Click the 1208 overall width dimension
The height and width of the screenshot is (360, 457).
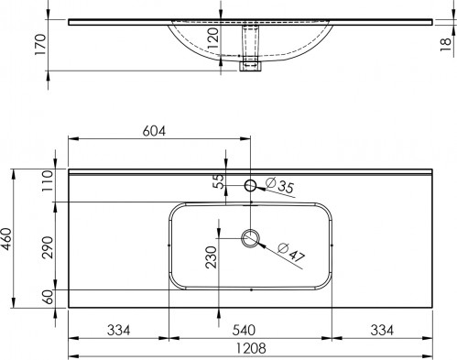tap(251, 348)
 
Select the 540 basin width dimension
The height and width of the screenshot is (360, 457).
tap(244, 330)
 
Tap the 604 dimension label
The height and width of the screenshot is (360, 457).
tap(154, 131)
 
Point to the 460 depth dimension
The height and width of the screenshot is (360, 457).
tap(6, 239)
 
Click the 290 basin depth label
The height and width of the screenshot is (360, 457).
tap(48, 247)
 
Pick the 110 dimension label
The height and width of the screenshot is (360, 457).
tap(48, 180)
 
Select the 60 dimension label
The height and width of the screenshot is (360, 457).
tap(48, 297)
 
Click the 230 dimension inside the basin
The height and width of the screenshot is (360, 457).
tap(211, 257)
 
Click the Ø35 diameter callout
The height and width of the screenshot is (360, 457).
tap(279, 185)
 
